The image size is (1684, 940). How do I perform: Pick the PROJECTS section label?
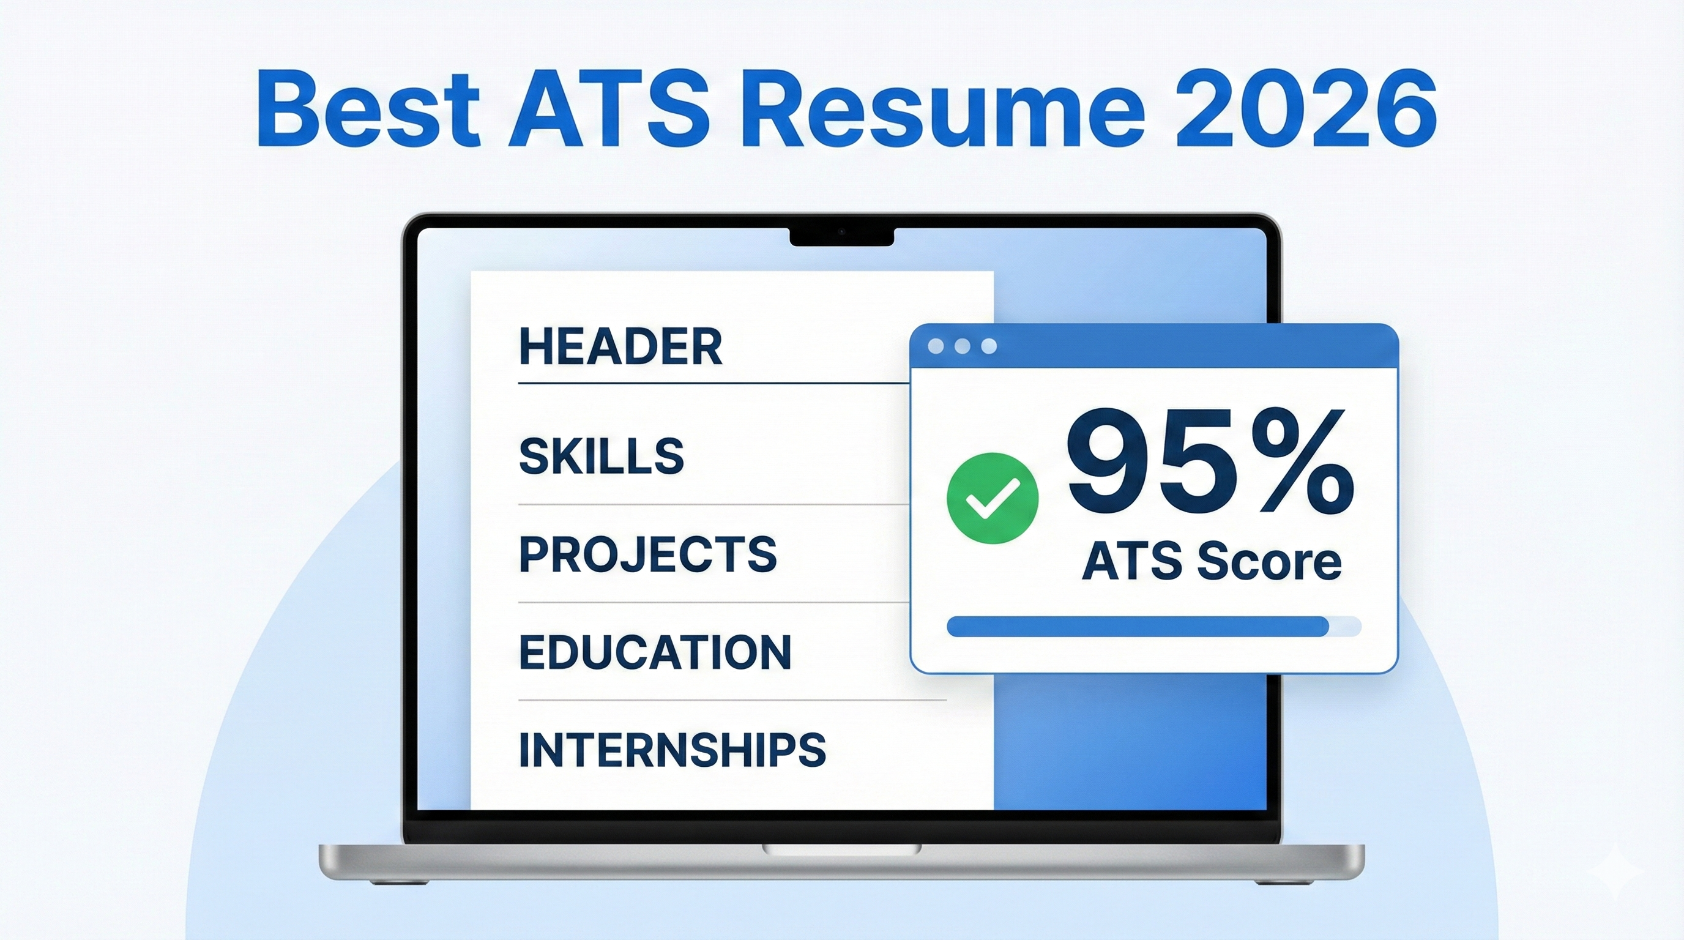click(x=648, y=554)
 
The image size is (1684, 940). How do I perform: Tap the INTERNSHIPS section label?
click(x=672, y=750)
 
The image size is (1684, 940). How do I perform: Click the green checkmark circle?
click(x=992, y=498)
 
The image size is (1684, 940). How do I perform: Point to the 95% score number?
click(x=1209, y=463)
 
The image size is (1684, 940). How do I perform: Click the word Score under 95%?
click(x=1269, y=563)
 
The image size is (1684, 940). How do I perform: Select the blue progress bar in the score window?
click(x=1138, y=626)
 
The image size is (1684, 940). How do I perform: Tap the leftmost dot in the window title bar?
click(x=936, y=346)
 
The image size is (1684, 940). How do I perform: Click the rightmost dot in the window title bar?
click(x=989, y=346)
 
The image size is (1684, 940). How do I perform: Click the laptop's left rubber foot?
click(x=398, y=882)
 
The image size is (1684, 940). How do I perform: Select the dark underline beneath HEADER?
click(x=712, y=383)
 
